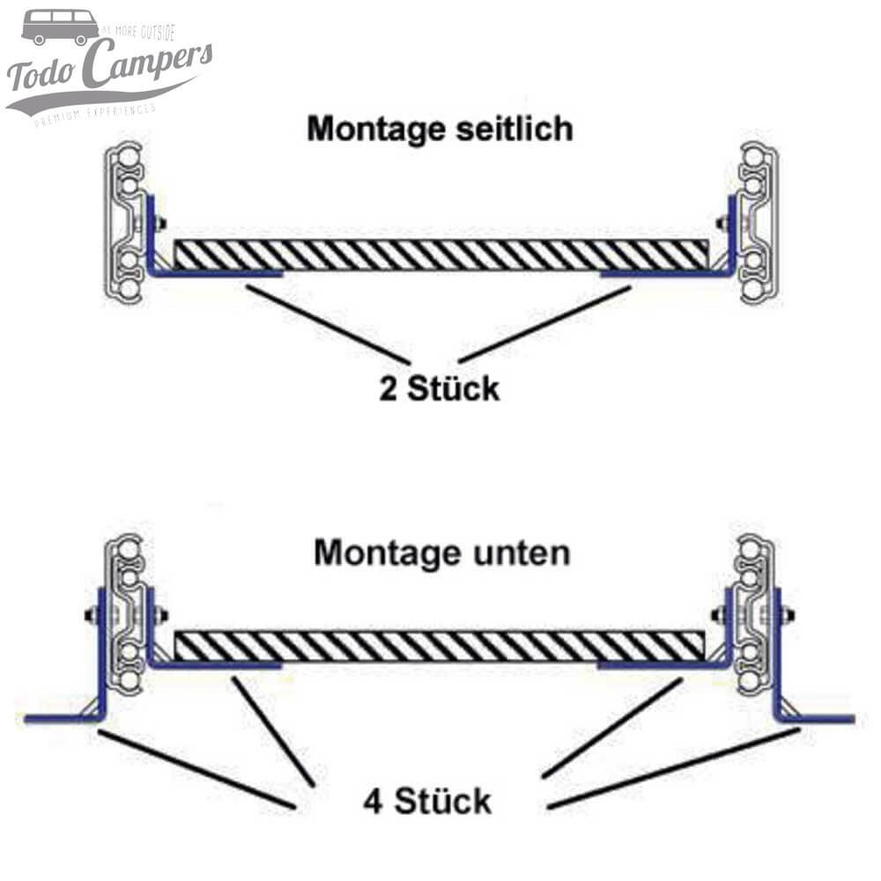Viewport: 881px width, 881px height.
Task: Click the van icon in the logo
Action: pos(60,27)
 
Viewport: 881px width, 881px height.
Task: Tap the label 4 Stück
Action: pos(426,802)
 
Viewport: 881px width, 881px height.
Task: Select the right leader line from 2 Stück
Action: pos(544,323)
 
